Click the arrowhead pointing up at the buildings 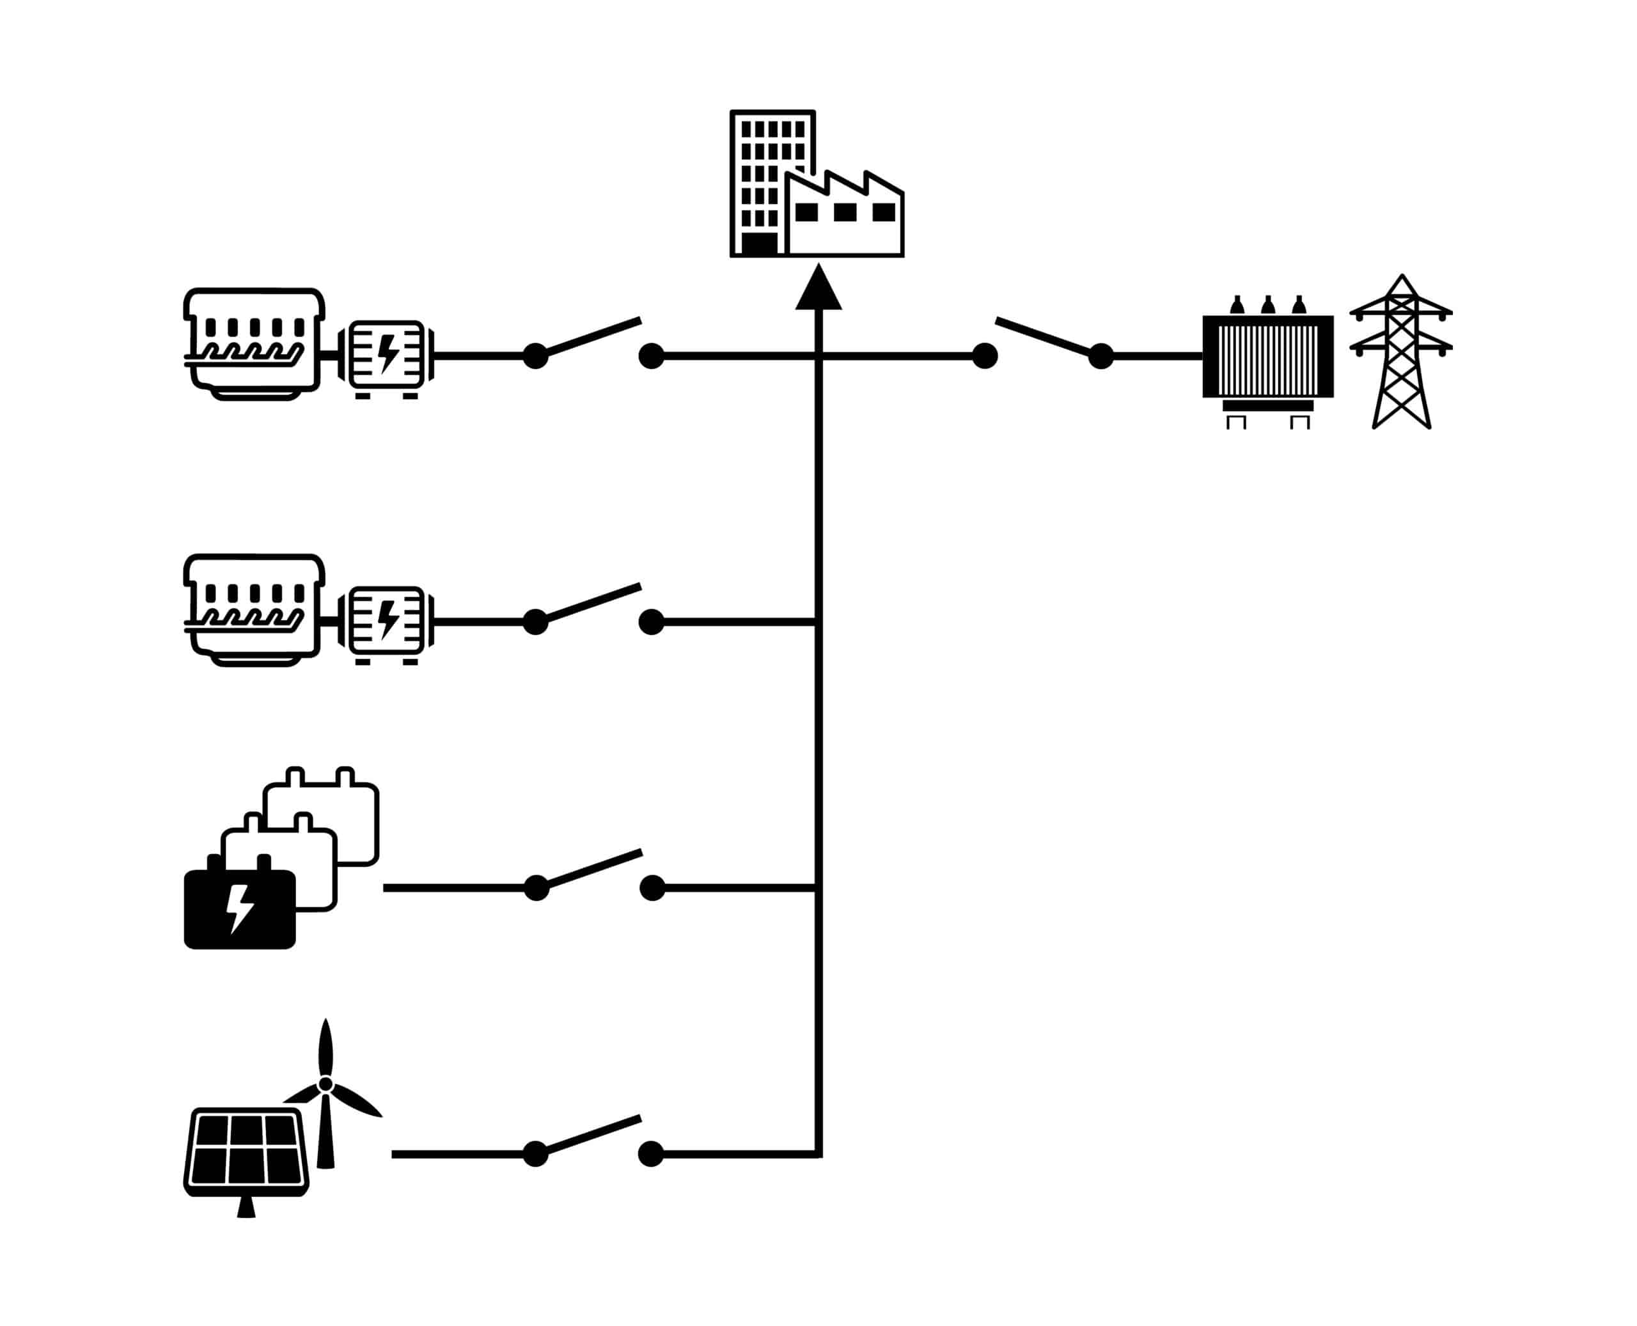(818, 290)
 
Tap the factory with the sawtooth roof (845, 217)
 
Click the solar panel (246, 1153)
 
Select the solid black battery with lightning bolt (240, 909)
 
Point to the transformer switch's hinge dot (1100, 356)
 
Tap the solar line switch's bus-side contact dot (651, 1154)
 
